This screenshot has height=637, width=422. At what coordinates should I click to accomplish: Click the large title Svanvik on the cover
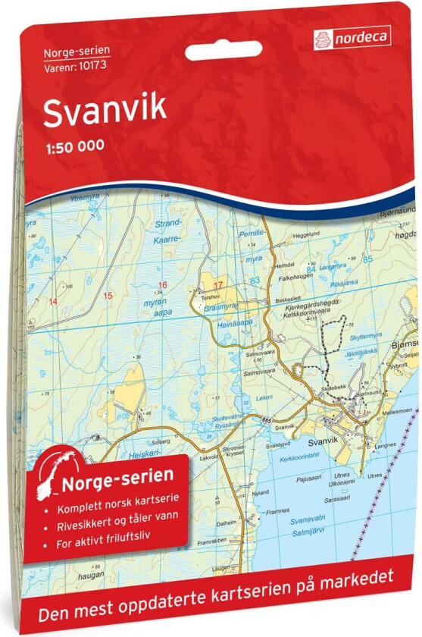(x=105, y=111)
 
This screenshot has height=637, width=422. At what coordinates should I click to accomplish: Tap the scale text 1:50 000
(x=73, y=147)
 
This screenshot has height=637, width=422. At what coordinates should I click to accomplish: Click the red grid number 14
(x=52, y=301)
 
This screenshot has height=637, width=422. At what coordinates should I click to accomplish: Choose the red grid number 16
(x=161, y=285)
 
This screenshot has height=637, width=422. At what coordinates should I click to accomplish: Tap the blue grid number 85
(x=367, y=260)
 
